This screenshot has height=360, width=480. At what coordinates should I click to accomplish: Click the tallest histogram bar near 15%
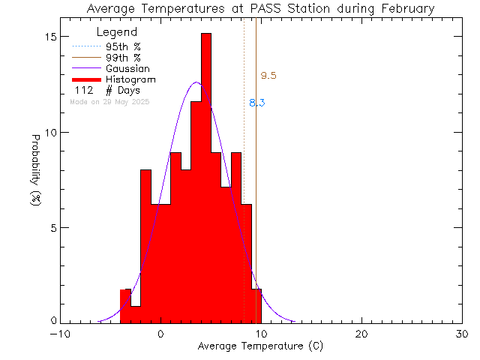[206, 180]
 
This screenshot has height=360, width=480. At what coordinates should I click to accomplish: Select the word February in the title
[406, 9]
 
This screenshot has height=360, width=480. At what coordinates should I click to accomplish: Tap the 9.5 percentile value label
[268, 76]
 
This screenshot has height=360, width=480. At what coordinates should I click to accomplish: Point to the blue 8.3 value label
[256, 103]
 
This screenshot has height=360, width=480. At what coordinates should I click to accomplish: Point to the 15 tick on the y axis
[50, 37]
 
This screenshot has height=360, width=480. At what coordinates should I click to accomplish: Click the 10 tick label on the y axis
[50, 132]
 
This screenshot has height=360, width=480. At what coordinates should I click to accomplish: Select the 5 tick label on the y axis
[53, 227]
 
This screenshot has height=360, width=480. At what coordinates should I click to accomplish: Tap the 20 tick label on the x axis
[361, 334]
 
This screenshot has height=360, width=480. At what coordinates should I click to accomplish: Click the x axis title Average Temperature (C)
[261, 346]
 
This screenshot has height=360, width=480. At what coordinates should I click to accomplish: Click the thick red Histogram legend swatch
[86, 79]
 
